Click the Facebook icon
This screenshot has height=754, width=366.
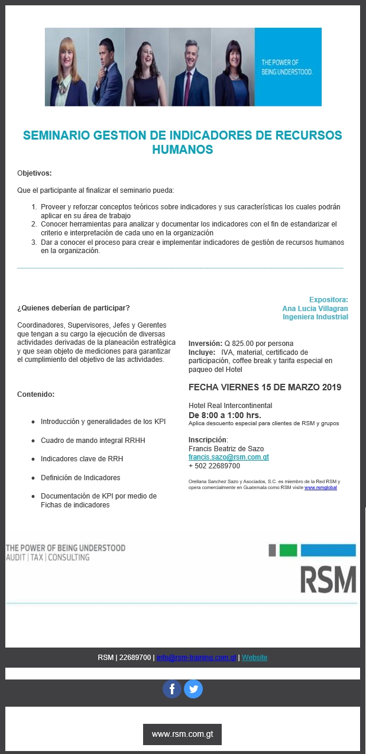pos(172,689)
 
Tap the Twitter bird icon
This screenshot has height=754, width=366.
pos(193,689)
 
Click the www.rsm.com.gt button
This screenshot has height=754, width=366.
pos(182,734)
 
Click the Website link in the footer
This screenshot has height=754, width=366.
pos(254,658)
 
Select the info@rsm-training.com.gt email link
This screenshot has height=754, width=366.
pos(196,658)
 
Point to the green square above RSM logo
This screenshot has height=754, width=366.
pos(288,551)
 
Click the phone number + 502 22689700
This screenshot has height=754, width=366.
pos(214,466)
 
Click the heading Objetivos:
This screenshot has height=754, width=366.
pos(34,173)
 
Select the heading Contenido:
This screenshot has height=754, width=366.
pos(35,394)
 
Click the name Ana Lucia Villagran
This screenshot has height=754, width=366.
pos(315,308)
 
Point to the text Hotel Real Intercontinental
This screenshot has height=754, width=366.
pos(230,406)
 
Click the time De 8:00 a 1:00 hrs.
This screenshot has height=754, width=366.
pos(225,415)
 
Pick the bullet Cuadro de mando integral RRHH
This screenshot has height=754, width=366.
pos(92,441)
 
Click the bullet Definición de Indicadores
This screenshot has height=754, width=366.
pos(80,477)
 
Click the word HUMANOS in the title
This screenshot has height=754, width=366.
pos(182,150)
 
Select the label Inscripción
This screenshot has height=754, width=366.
pos(208,440)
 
